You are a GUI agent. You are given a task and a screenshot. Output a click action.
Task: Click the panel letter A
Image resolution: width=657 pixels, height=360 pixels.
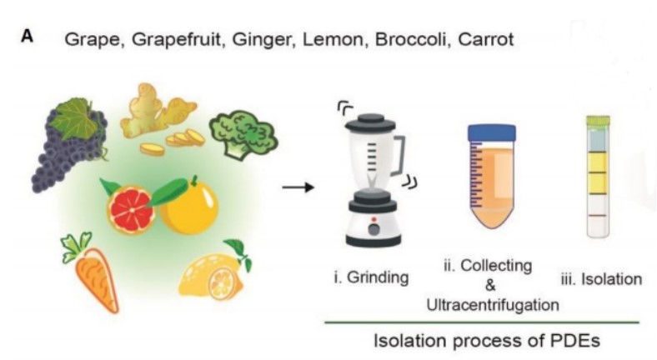tap(28, 37)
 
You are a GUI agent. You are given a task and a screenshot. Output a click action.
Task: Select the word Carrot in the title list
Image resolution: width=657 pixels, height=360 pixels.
tap(486, 39)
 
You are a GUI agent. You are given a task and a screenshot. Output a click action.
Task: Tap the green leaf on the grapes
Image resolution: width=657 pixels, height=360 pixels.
tap(78, 119)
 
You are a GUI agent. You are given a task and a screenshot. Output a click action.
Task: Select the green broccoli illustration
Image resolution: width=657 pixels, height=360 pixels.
tap(243, 134)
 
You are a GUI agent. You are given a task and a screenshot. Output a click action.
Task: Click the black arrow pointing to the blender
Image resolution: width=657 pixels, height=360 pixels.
tap(298, 187)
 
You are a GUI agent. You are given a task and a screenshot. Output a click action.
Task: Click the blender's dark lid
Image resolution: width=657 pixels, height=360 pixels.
tap(370, 122)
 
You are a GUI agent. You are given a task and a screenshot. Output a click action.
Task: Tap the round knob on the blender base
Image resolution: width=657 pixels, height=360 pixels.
tap(374, 229)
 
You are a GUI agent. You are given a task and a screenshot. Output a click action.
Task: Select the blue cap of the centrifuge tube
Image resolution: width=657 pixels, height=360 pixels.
tap(492, 133)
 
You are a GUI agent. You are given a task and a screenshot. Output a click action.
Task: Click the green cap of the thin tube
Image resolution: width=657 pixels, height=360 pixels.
tap(598, 121)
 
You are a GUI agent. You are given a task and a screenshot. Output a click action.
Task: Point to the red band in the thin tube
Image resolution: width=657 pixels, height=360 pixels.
tap(598, 215)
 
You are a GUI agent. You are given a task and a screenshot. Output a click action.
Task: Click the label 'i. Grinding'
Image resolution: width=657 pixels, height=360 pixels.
tap(371, 277)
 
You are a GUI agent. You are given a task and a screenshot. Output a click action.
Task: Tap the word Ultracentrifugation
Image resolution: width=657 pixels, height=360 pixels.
tap(493, 305)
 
